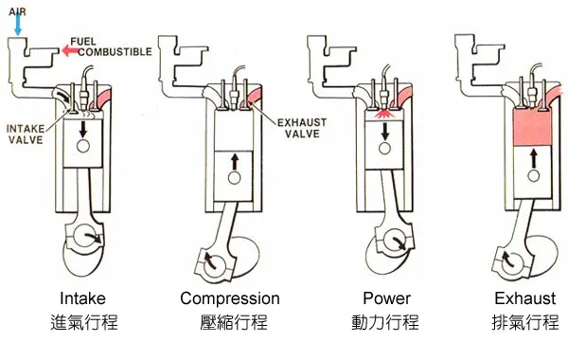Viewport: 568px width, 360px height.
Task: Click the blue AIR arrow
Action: pyautogui.click(x=17, y=24)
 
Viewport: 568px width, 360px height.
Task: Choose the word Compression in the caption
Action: pyautogui.click(x=230, y=298)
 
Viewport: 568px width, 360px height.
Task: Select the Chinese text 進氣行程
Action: pyautogui.click(x=83, y=323)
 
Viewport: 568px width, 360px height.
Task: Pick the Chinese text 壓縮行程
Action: pyautogui.click(x=233, y=323)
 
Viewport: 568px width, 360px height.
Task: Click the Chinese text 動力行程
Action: pyautogui.click(x=384, y=323)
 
